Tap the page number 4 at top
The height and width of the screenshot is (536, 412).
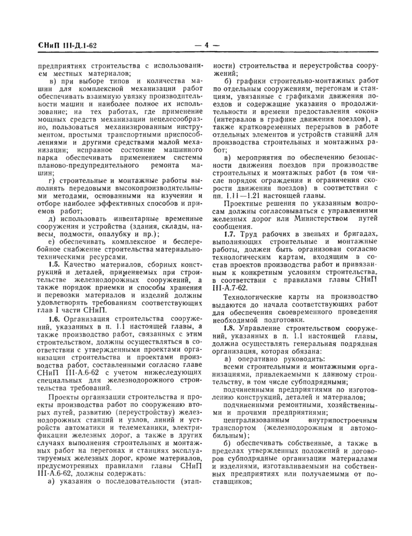click(206, 44)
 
